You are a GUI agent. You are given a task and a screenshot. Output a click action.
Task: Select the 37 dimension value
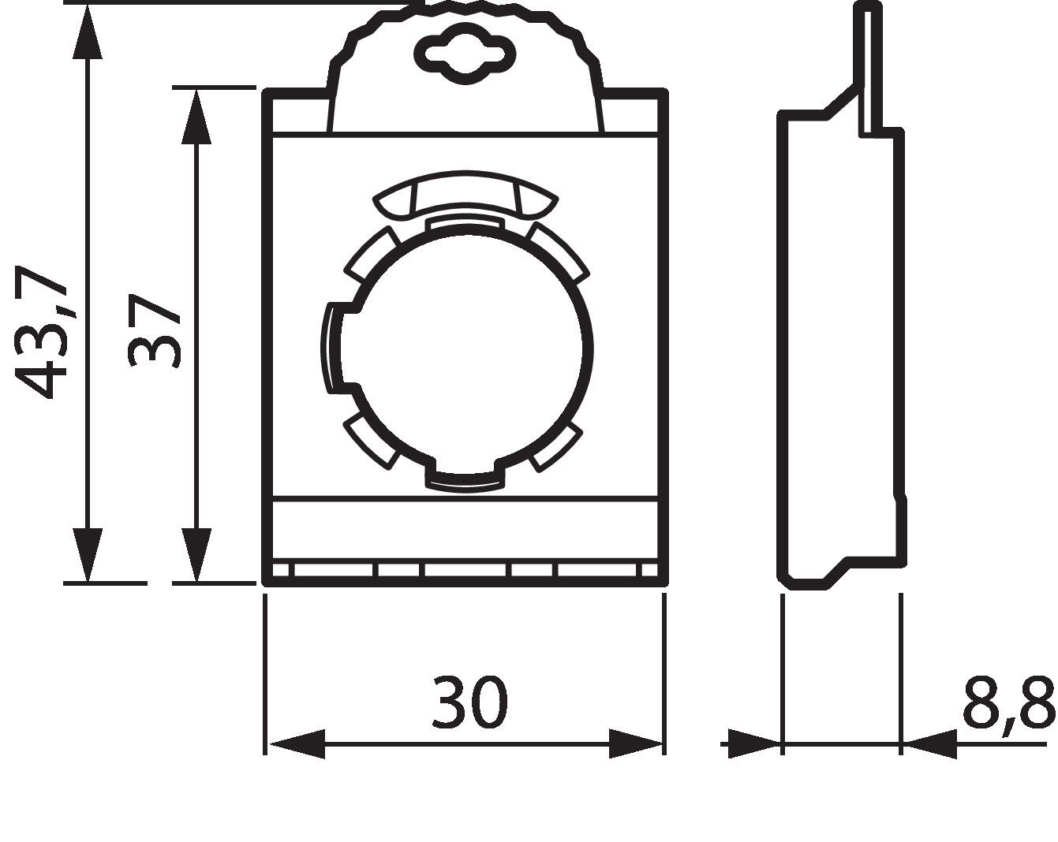pyautogui.click(x=155, y=331)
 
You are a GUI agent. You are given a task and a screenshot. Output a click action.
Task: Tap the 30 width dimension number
pyautogui.click(x=469, y=701)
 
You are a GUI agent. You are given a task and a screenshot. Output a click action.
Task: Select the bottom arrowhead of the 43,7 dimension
pyautogui.click(x=87, y=556)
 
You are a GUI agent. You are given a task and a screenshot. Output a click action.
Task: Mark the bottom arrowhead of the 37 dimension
pyautogui.click(x=196, y=556)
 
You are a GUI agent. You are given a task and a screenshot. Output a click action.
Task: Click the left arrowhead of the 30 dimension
pyautogui.click(x=297, y=743)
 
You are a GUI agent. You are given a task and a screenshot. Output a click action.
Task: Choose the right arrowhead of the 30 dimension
pyautogui.click(x=636, y=743)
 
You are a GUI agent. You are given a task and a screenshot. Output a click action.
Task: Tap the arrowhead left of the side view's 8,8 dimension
pyautogui.click(x=753, y=743)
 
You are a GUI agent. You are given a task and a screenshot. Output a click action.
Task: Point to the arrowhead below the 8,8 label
pyautogui.click(x=929, y=743)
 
